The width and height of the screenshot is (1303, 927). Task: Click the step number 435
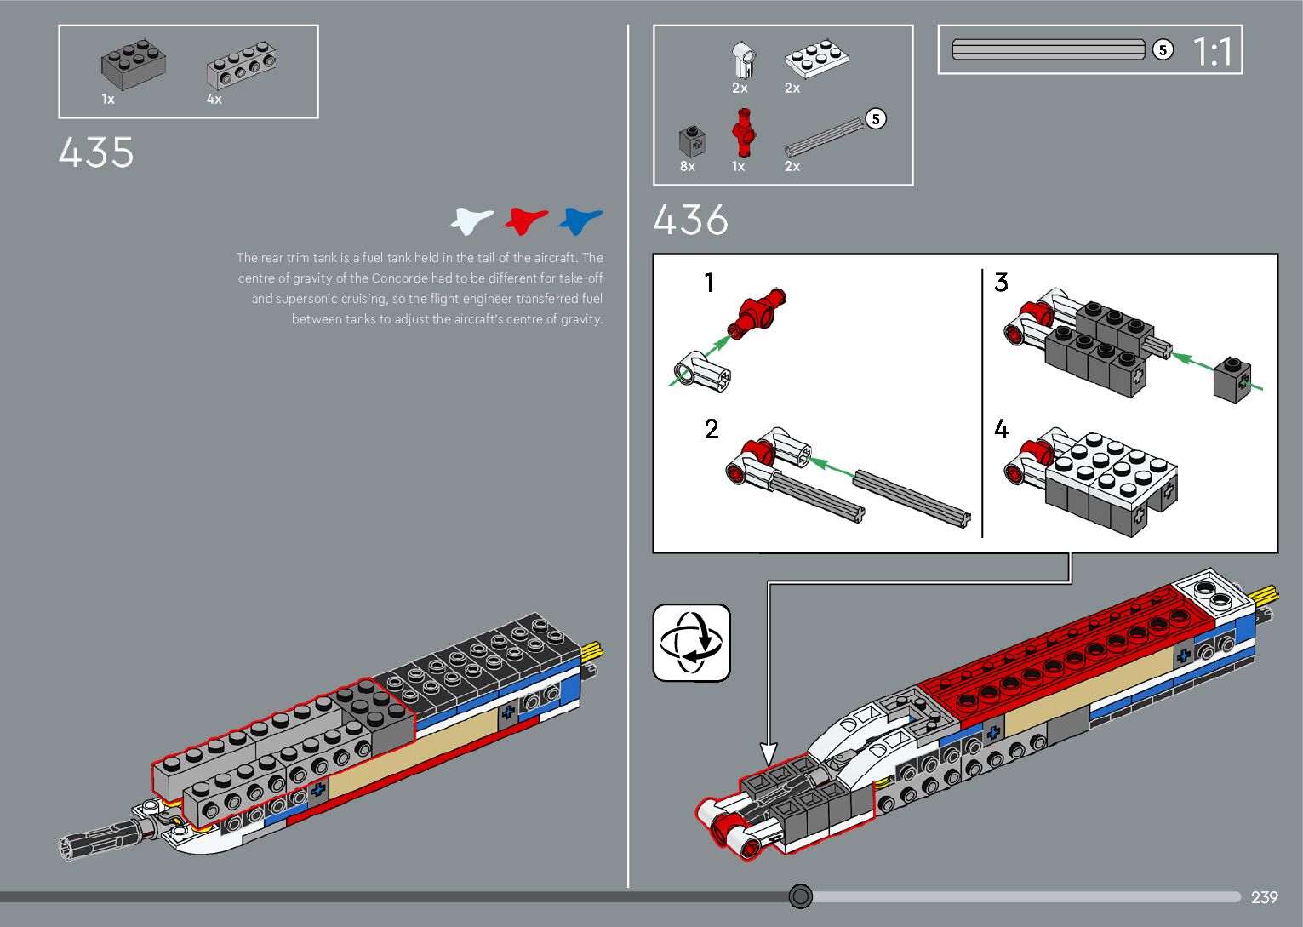tap(96, 153)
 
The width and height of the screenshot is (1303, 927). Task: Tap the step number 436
tap(690, 220)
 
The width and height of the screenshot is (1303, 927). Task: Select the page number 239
tap(1264, 897)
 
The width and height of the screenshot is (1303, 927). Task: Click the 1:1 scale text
tap(1212, 52)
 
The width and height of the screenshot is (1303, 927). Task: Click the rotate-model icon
tap(691, 643)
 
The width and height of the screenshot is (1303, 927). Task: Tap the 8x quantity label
tap(688, 167)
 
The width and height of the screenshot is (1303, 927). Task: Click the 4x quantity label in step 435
tap(214, 100)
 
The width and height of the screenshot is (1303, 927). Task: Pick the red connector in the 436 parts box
tap(744, 133)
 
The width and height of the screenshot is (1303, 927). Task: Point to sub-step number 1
tap(709, 283)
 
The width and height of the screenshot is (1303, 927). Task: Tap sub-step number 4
tap(1002, 429)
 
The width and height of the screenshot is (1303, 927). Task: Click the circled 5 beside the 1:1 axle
tap(1163, 50)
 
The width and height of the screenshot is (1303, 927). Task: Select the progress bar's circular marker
tap(801, 896)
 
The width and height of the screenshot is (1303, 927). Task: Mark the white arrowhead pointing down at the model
tap(769, 753)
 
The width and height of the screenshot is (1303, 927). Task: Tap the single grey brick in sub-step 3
tap(1232, 378)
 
